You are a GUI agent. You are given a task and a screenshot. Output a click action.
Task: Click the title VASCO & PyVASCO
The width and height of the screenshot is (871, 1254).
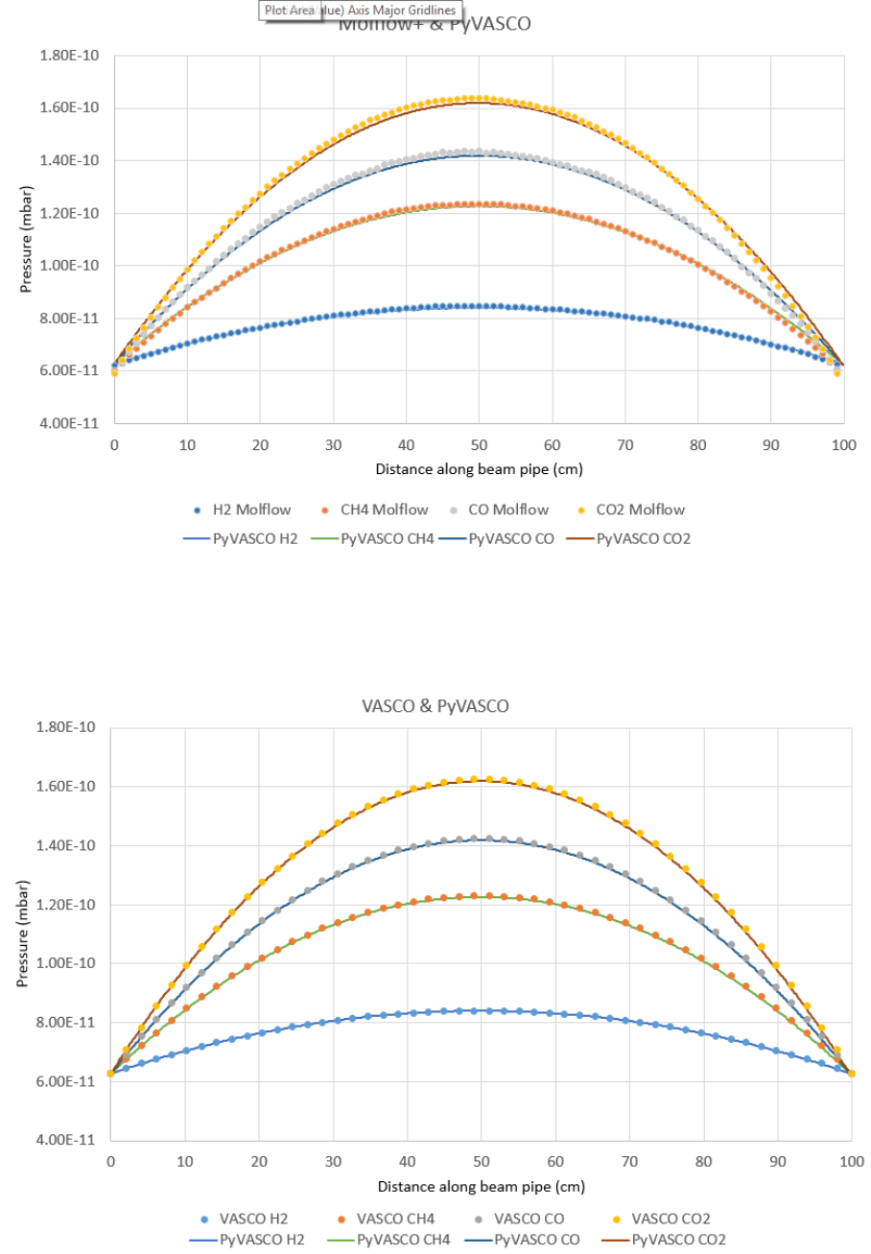[435, 706]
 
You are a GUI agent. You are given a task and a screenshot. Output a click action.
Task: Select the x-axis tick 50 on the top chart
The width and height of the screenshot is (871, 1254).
[479, 446]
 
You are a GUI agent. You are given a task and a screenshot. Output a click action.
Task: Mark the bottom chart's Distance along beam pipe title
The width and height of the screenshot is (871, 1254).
[480, 1187]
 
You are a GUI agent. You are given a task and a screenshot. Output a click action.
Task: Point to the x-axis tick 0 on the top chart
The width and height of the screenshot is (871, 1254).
[114, 446]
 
